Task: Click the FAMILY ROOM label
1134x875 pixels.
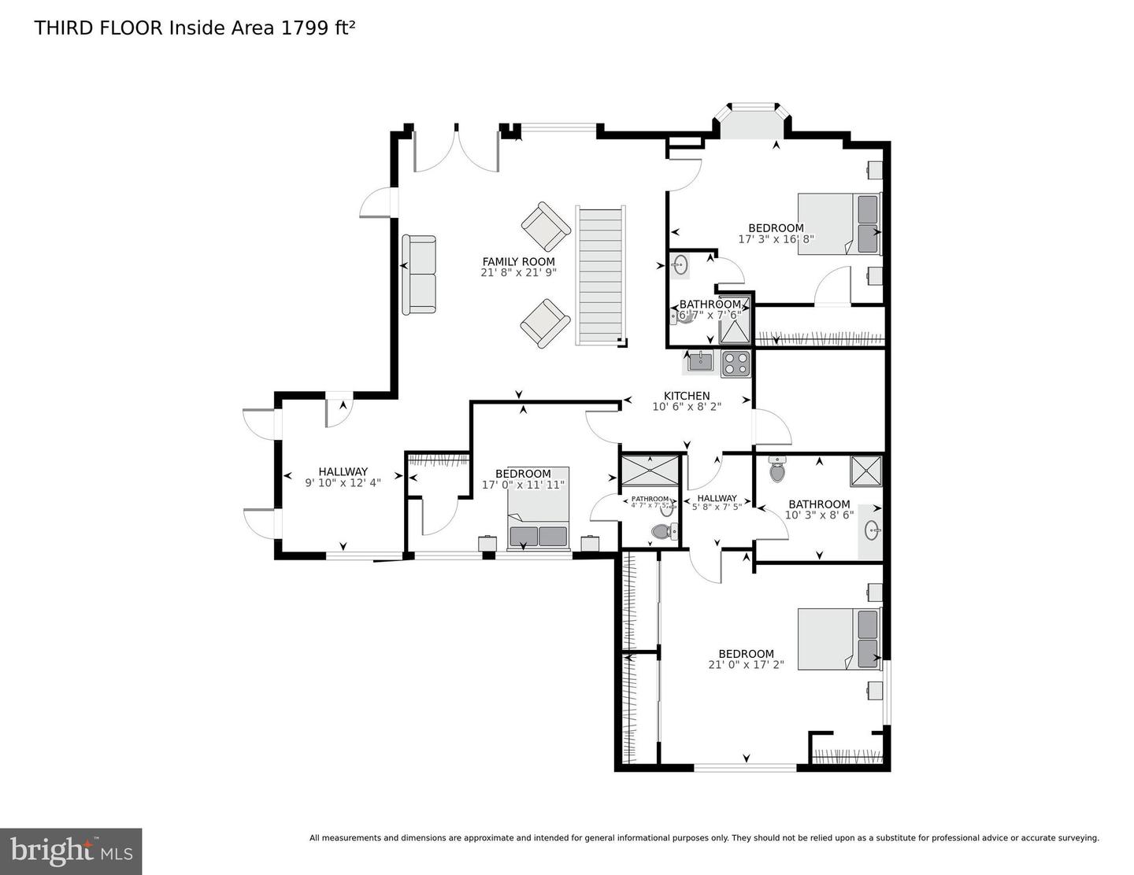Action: coord(518,261)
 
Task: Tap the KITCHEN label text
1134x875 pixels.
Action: coord(687,396)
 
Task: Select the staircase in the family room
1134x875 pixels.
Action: coord(602,275)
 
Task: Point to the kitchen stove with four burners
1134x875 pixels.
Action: coord(736,363)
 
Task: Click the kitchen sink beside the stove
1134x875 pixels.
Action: coord(699,362)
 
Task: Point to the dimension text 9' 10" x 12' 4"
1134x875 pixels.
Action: coord(343,482)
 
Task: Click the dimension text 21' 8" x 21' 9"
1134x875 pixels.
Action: coord(518,273)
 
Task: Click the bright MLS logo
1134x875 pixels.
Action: coord(71,851)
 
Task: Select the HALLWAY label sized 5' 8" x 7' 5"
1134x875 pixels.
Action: coord(717,498)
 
